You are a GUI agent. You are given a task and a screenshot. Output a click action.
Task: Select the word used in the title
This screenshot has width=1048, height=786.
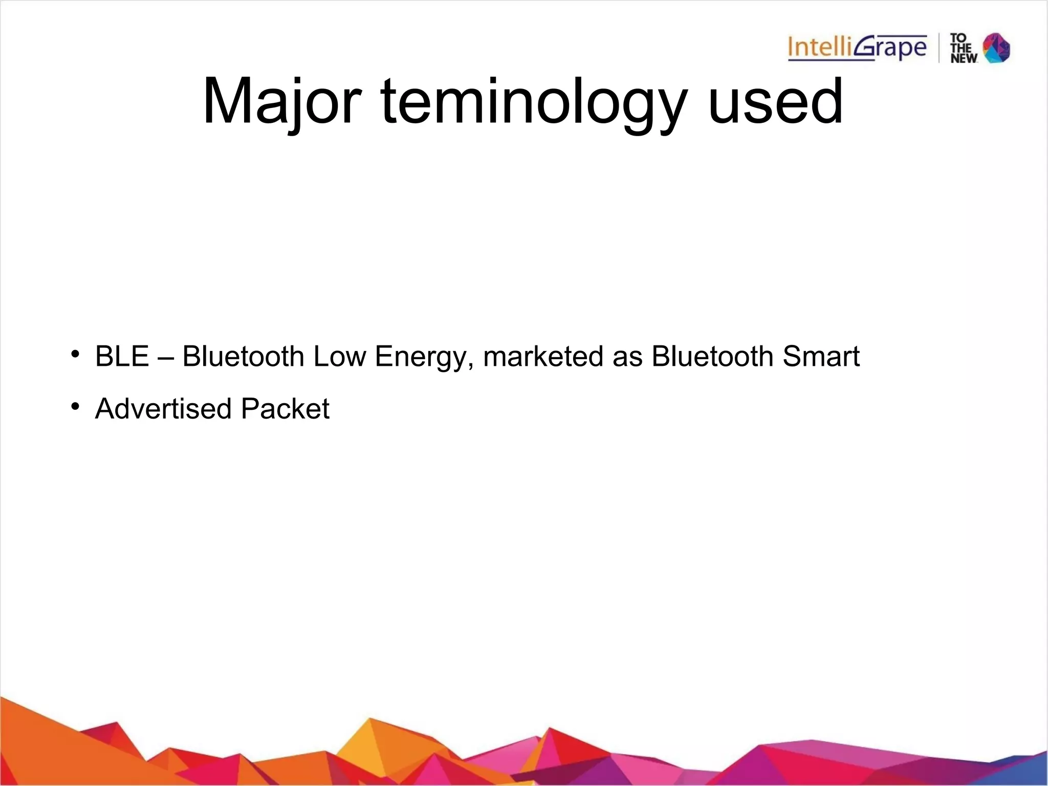pyautogui.click(x=775, y=101)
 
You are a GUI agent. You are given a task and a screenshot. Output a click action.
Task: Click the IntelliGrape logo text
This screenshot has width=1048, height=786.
pyautogui.click(x=857, y=48)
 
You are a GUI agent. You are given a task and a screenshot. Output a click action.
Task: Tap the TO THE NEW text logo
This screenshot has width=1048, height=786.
pyautogui.click(x=963, y=48)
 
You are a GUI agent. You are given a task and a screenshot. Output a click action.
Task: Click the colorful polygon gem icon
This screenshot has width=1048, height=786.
pyautogui.click(x=997, y=48)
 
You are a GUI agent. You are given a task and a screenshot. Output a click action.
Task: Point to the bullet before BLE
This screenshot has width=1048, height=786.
pyautogui.click(x=75, y=354)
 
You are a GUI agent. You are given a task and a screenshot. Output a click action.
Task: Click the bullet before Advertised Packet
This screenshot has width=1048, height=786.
pyautogui.click(x=75, y=406)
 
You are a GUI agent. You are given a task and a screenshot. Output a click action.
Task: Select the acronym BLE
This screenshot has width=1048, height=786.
pyautogui.click(x=122, y=356)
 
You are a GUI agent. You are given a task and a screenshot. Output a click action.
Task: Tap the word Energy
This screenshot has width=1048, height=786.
pyautogui.click(x=421, y=357)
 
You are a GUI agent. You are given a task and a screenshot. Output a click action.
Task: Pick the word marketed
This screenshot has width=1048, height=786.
pyautogui.click(x=543, y=356)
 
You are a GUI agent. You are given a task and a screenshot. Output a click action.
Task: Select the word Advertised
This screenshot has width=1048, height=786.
pyautogui.click(x=164, y=408)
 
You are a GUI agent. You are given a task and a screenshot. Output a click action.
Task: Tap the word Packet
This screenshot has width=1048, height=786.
pyautogui.click(x=285, y=408)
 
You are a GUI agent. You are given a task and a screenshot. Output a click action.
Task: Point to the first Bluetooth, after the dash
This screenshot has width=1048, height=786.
pyautogui.click(x=243, y=356)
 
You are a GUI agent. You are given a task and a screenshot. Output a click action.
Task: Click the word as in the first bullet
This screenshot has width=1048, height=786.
pyautogui.click(x=627, y=357)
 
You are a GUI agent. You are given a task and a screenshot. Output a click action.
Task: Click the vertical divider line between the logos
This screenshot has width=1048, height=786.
pyautogui.click(x=939, y=48)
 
